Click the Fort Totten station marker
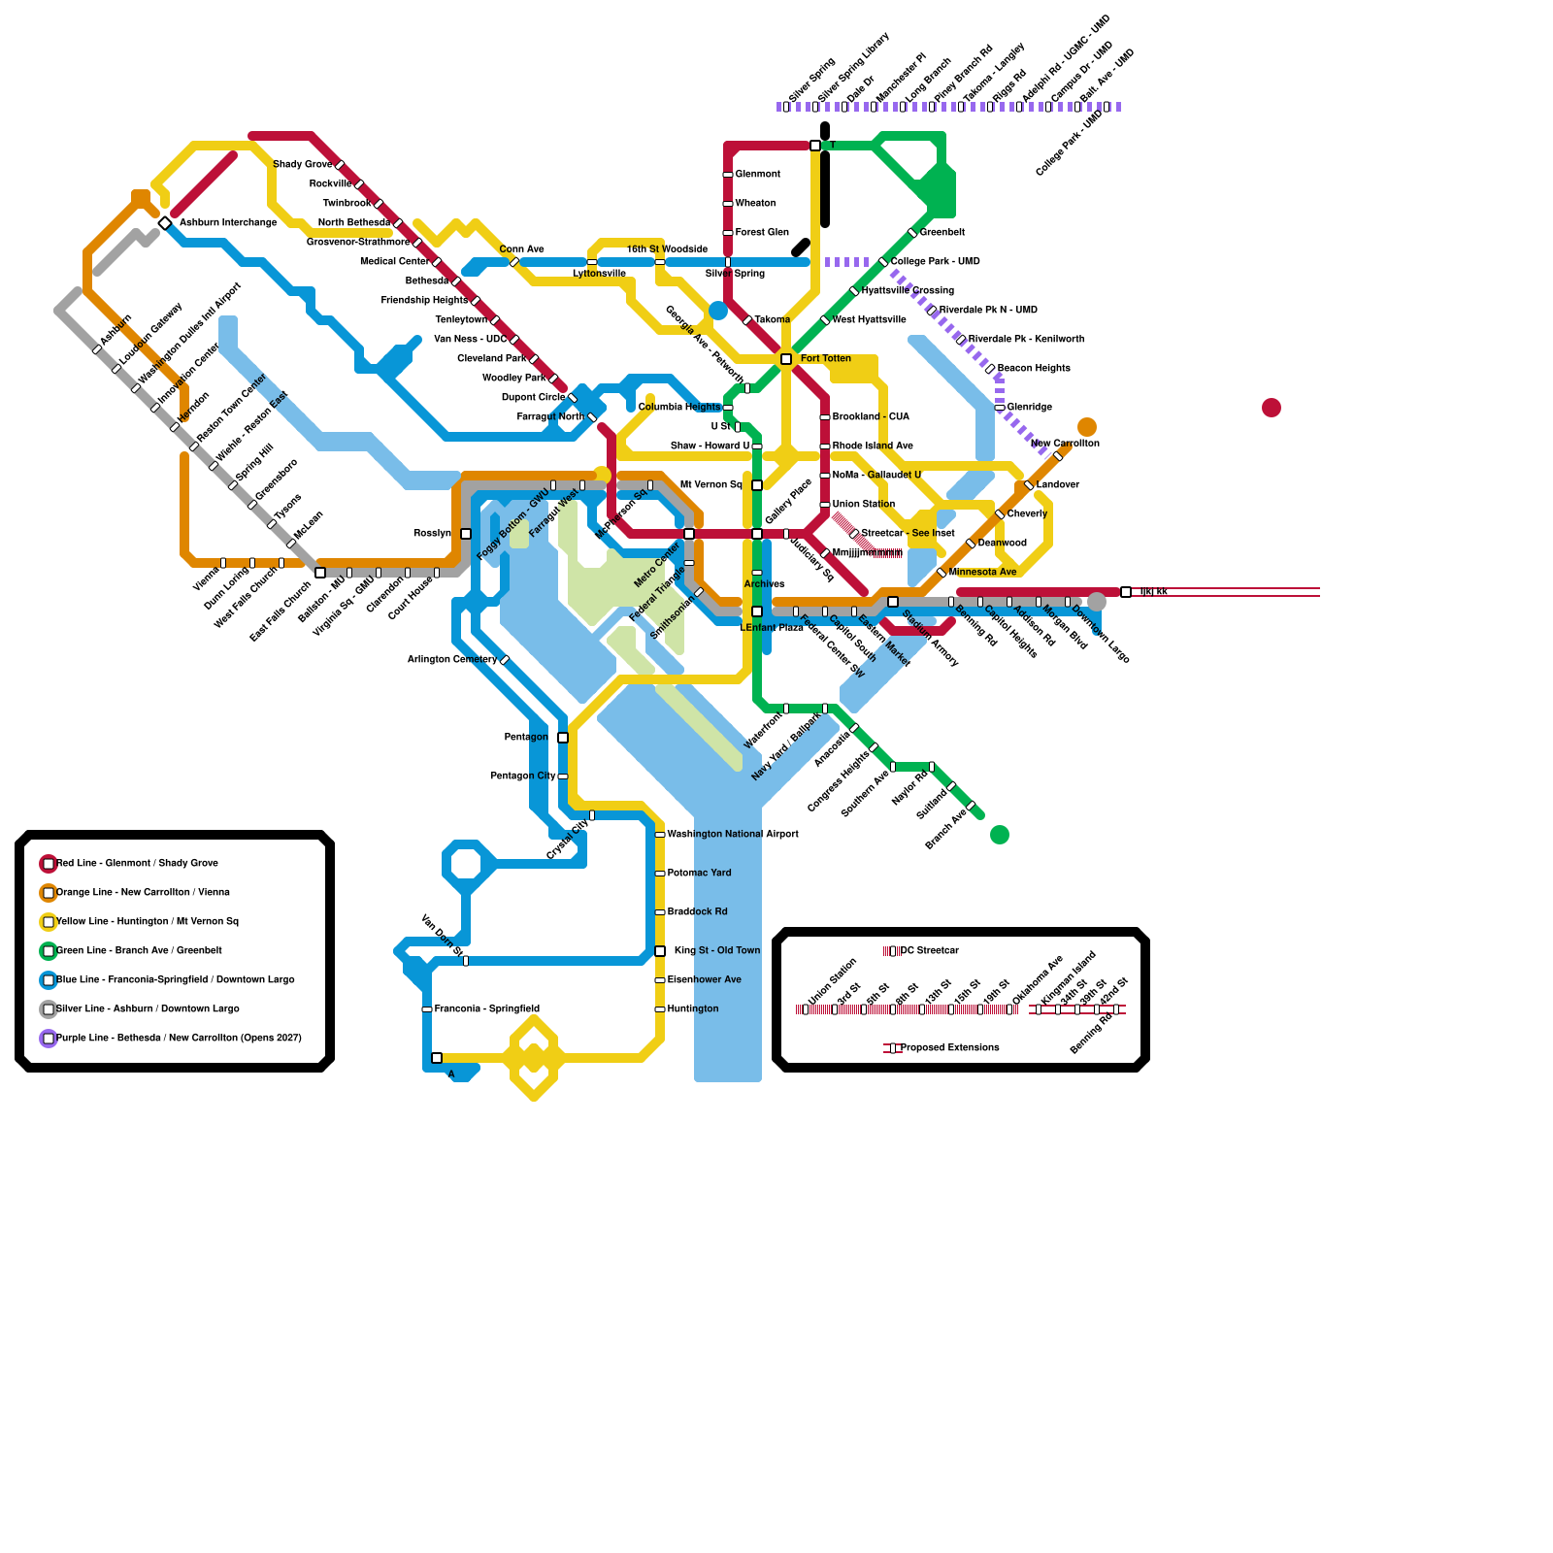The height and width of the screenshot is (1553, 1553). point(786,359)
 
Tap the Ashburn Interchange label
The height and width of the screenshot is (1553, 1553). point(228,223)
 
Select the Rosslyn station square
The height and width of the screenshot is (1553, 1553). point(466,534)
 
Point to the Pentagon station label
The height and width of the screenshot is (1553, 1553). point(526,738)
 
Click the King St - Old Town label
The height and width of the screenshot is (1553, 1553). point(717,951)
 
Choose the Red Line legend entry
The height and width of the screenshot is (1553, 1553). point(137,864)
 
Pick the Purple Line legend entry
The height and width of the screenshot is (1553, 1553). point(179,1039)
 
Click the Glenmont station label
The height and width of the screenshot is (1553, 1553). point(757,175)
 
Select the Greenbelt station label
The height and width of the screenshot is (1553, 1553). point(942,233)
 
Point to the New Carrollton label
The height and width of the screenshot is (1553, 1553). point(1065,444)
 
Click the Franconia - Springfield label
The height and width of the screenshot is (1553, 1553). point(486,1009)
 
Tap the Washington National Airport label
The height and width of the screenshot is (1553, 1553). point(733,835)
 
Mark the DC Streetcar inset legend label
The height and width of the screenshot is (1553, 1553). point(929,951)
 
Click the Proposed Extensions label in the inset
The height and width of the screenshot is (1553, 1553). point(949,1048)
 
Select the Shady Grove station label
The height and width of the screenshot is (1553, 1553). point(302,165)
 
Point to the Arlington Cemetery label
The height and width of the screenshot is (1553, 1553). point(451,660)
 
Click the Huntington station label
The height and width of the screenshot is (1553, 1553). point(693,1009)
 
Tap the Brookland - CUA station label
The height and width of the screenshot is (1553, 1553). point(871,417)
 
